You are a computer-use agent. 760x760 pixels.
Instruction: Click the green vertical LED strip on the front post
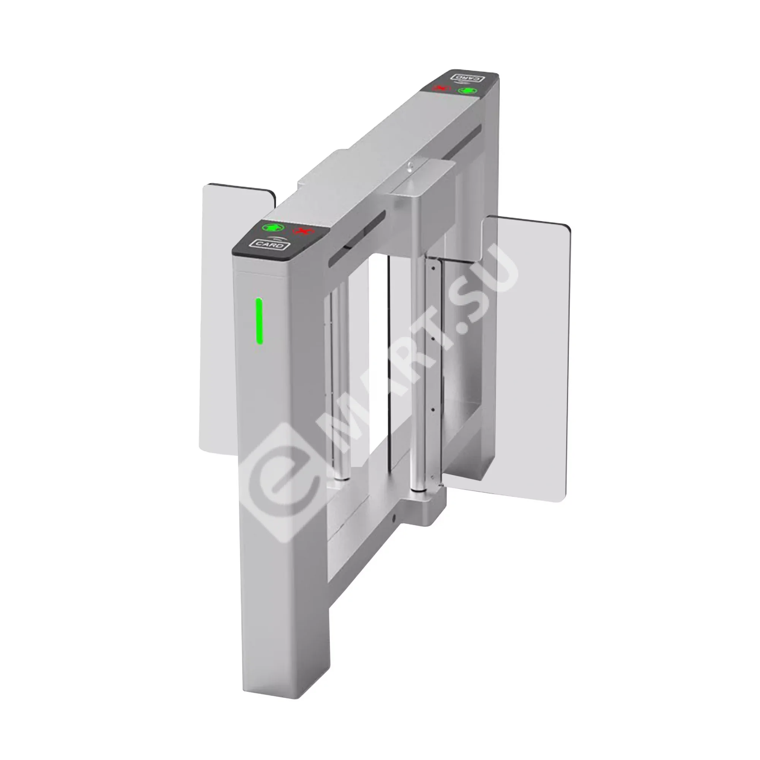[259, 321]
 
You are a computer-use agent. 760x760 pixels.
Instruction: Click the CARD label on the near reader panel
[269, 245]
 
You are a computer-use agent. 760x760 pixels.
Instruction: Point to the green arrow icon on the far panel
[467, 91]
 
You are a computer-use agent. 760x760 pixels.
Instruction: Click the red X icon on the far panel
[441, 88]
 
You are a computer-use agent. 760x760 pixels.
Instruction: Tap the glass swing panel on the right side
[527, 354]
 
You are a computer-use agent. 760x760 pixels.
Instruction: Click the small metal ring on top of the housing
[410, 166]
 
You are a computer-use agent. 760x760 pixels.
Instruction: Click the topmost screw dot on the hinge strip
[433, 268]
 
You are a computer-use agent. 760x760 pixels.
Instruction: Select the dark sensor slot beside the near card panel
[356, 240]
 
